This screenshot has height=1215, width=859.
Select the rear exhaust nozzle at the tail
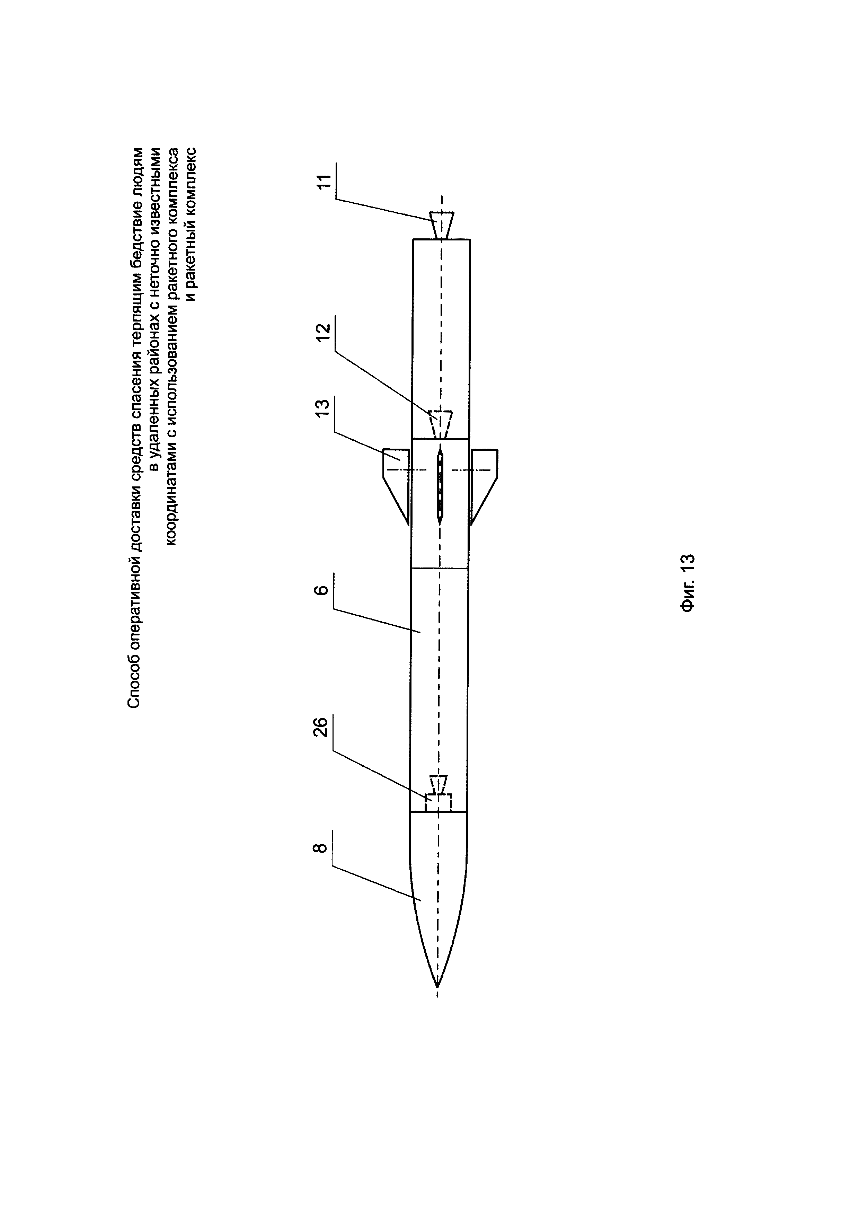click(x=441, y=225)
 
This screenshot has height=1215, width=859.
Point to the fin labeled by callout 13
click(x=396, y=479)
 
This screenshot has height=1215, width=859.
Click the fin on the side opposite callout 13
click(x=484, y=479)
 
